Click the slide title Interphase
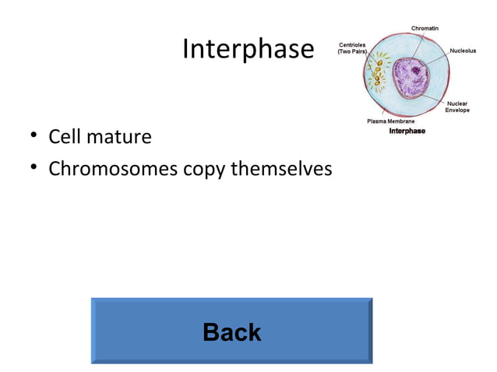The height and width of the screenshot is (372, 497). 248,50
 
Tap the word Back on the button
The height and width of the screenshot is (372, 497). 231,333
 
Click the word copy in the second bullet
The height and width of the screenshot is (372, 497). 204,169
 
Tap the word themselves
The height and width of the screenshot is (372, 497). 280,168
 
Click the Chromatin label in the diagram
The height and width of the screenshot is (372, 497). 424,29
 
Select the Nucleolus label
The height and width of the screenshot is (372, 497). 463,51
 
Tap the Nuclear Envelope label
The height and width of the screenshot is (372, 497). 457,107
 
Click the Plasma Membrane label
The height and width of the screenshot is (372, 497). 391,121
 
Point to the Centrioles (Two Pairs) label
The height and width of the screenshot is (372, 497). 354,48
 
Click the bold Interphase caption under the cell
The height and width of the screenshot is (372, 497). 407,131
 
